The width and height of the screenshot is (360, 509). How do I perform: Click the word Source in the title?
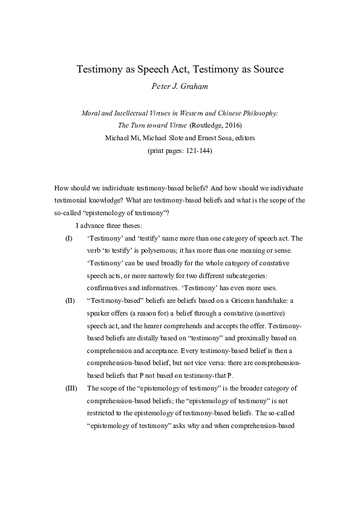[267, 70]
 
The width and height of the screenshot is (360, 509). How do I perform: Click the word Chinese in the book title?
[235, 114]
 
